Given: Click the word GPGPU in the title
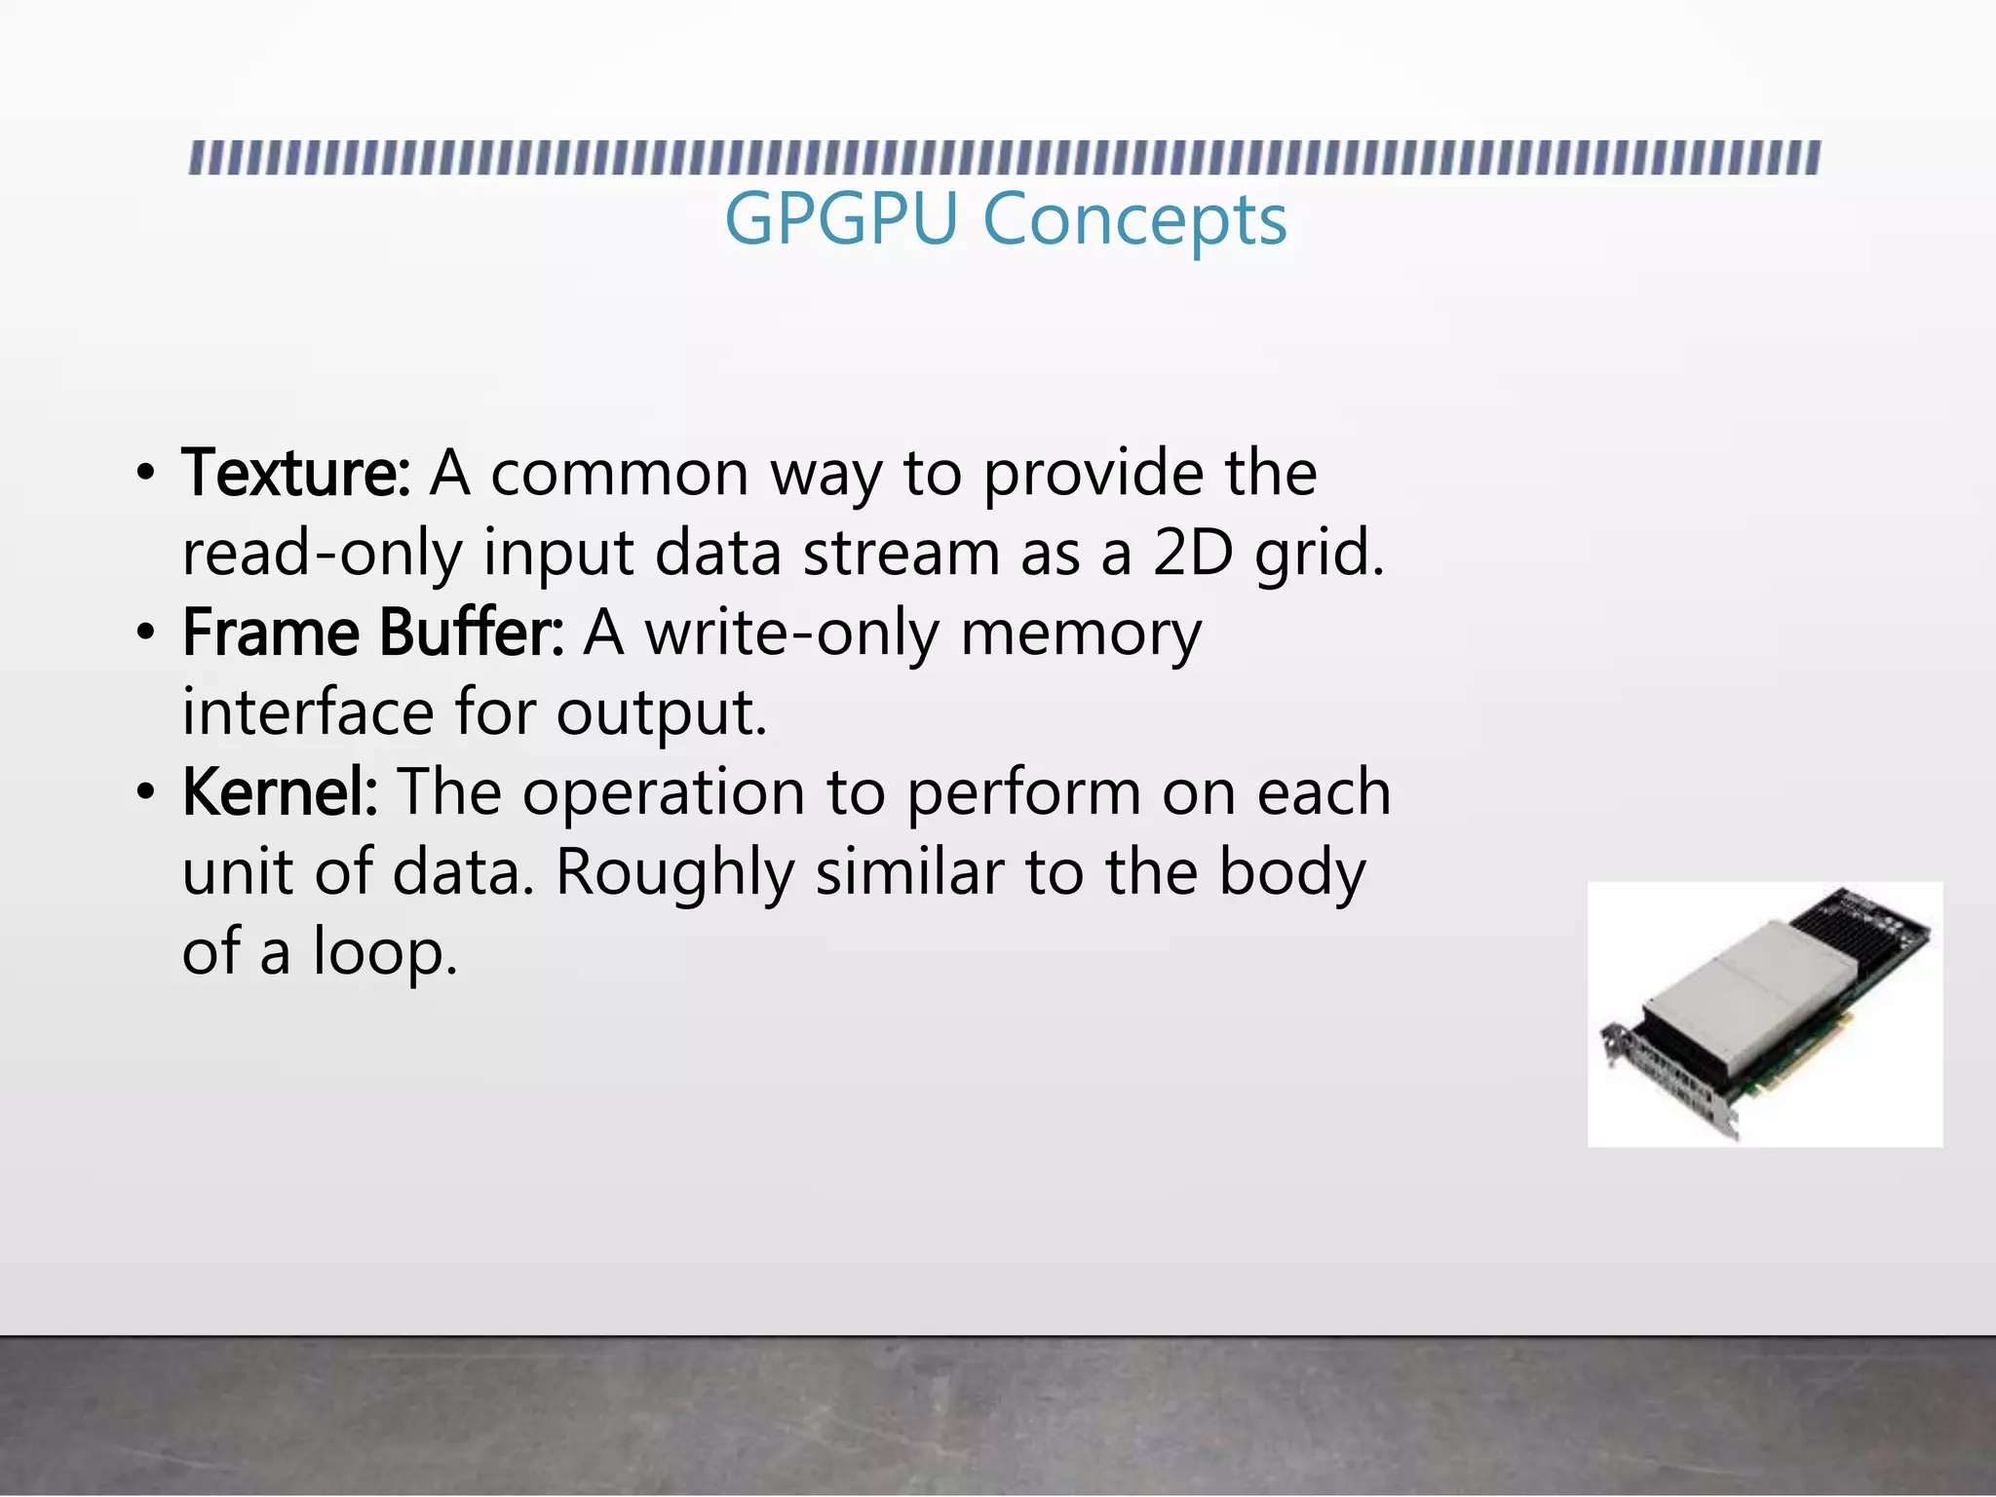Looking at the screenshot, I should point(841,219).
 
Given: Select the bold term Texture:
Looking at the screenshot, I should point(295,474).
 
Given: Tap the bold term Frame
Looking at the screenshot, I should point(271,633).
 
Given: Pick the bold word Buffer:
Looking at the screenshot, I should point(472,633).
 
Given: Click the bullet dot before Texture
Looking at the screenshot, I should point(145,475).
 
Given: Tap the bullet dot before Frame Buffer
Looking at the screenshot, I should point(145,634).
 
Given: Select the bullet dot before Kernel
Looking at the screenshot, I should point(145,793).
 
